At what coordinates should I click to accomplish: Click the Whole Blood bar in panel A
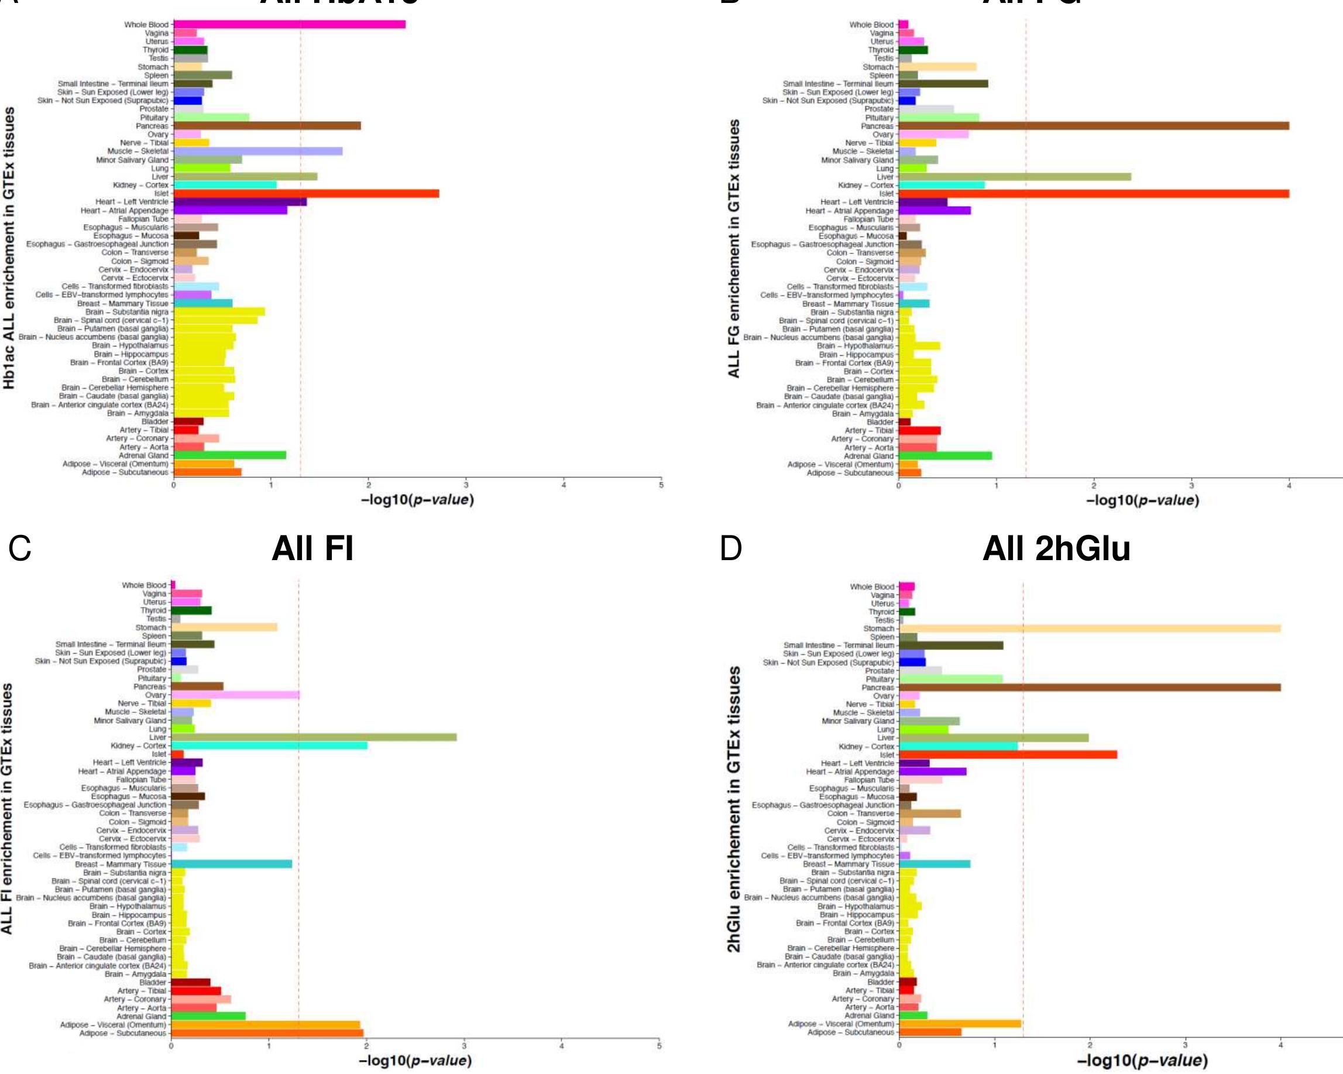click(290, 25)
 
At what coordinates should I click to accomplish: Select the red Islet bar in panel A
click(306, 193)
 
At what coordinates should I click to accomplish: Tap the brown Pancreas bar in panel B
click(1093, 126)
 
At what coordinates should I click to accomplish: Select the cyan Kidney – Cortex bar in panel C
click(269, 746)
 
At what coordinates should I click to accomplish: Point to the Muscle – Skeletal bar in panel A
click(258, 151)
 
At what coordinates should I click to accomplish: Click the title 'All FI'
click(312, 549)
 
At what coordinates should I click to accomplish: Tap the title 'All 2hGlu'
click(1056, 549)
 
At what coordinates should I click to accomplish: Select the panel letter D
click(731, 549)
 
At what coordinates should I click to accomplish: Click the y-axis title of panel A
click(9, 248)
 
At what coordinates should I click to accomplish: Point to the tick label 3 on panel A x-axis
click(466, 485)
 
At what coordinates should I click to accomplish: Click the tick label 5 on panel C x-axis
click(659, 1046)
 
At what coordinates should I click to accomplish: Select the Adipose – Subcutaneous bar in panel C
click(267, 1033)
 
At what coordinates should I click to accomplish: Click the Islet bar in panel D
click(1007, 754)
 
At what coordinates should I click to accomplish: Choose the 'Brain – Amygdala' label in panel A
click(137, 413)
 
